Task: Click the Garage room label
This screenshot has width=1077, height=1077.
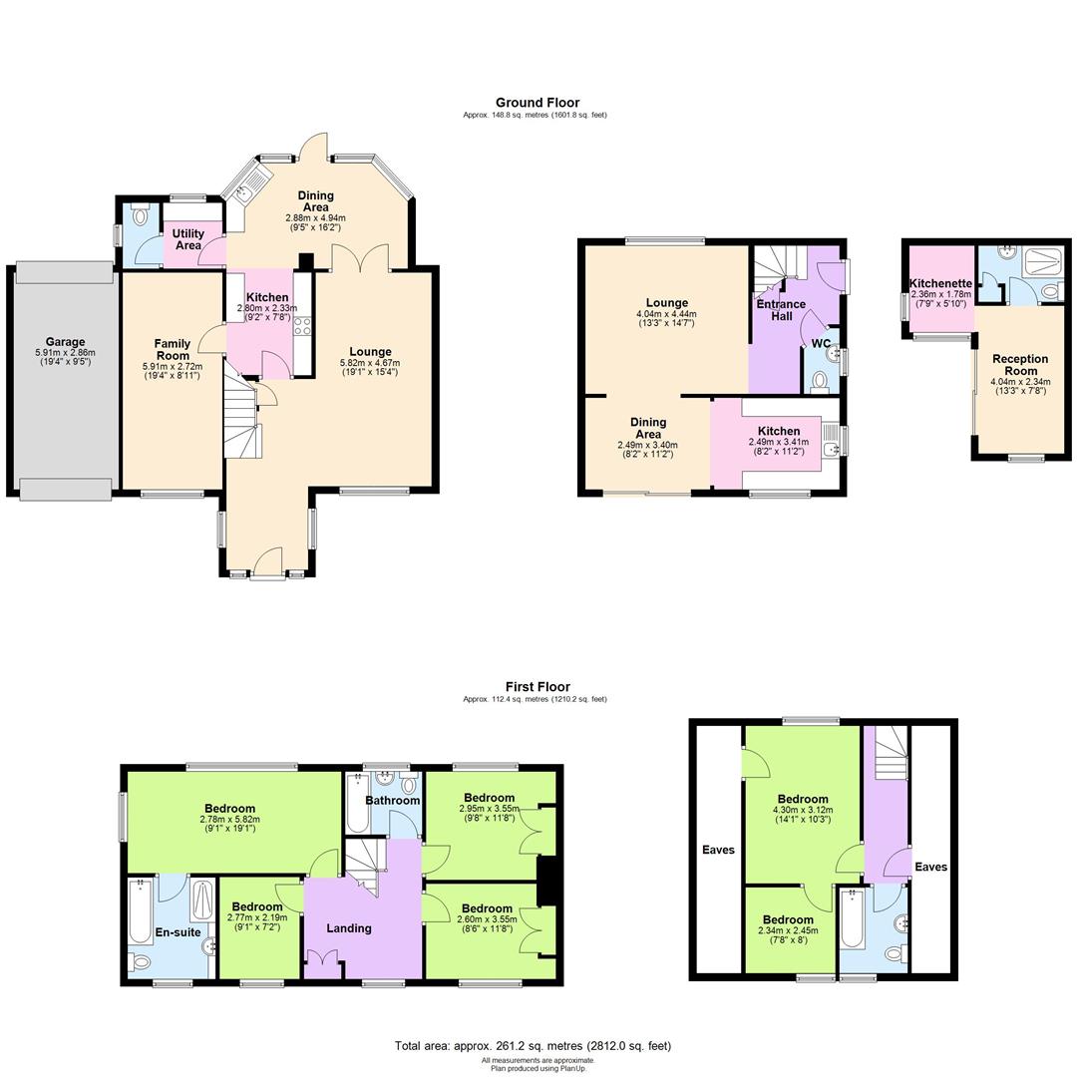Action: tap(65, 342)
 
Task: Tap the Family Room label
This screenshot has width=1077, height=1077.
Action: tap(172, 350)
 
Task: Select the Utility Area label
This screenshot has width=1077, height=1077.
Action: tap(188, 239)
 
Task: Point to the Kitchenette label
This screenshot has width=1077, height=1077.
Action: tap(940, 283)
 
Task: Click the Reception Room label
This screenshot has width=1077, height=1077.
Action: tap(1020, 365)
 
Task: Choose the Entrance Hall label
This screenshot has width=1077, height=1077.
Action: tap(780, 310)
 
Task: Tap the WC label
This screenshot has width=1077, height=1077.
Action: tap(821, 344)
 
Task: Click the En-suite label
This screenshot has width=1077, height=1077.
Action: tap(179, 933)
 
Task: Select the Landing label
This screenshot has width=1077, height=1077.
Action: tap(349, 928)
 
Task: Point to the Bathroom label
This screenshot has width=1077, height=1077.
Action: tap(392, 800)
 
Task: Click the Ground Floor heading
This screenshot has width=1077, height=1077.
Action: tap(538, 103)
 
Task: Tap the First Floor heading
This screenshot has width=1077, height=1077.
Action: tap(538, 687)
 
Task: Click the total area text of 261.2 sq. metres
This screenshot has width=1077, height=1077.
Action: tap(533, 1046)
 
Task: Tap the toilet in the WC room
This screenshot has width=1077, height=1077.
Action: tap(820, 380)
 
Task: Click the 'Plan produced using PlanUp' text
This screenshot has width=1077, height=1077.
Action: tap(538, 1068)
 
